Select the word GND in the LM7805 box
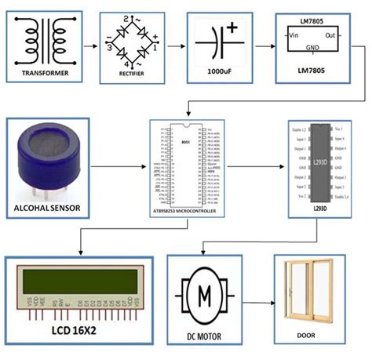(312, 46)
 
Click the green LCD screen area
(75, 279)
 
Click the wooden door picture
(314, 293)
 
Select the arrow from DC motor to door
(259, 302)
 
